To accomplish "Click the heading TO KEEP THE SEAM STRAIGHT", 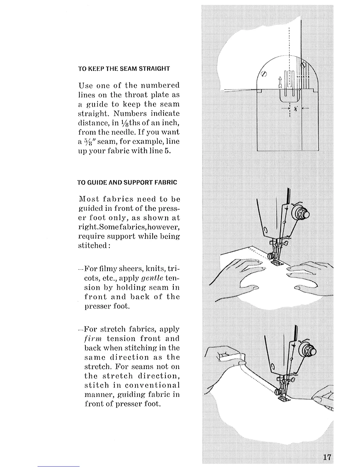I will tap(124, 69).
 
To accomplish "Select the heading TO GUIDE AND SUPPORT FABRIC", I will tap(127, 182).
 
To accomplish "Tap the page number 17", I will tap(327, 457).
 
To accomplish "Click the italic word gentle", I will tap(152, 278).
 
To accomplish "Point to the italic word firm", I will tap(93, 339).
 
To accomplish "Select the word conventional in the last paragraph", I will tap(152, 385).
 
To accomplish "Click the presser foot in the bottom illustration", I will tap(283, 398).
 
